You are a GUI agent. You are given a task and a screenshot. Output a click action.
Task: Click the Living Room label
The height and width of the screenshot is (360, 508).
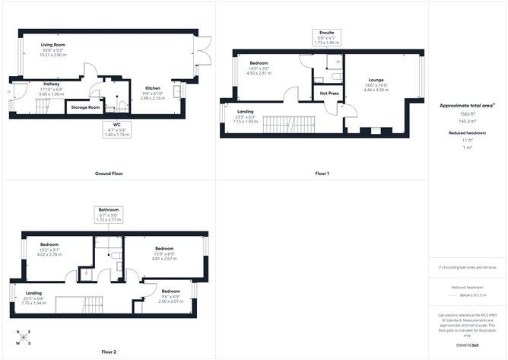click(52, 46)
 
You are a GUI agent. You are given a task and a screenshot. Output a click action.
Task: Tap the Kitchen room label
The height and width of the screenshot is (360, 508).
click(151, 88)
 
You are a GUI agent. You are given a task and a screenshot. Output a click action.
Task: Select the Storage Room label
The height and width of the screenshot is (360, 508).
click(85, 107)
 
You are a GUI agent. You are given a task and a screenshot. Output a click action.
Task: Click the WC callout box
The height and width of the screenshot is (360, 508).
click(116, 130)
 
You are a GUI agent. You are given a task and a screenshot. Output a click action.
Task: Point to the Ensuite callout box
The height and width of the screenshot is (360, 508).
click(328, 37)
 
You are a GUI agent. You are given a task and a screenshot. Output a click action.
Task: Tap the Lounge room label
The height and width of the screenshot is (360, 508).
click(376, 79)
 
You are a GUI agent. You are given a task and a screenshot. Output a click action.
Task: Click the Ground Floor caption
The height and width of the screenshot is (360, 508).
click(109, 174)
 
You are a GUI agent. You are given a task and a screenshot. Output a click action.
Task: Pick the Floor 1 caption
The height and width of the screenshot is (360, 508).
click(322, 174)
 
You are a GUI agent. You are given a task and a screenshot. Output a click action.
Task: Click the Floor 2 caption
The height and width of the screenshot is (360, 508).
click(109, 352)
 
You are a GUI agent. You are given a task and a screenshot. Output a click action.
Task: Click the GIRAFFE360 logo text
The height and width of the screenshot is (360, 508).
click(466, 346)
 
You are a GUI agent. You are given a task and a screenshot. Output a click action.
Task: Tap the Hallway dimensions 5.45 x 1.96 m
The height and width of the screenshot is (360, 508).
click(36, 94)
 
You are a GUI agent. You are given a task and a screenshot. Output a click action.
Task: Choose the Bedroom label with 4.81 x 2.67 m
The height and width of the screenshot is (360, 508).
click(165, 249)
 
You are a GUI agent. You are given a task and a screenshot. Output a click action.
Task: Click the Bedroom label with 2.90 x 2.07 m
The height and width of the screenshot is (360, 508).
click(170, 292)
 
